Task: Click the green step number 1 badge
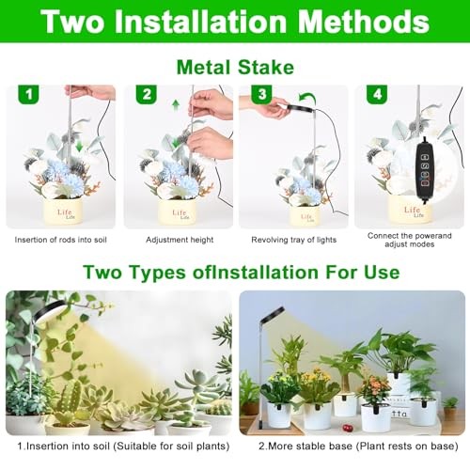[x=28, y=94]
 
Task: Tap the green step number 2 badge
[x=146, y=94]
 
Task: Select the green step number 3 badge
[x=261, y=94]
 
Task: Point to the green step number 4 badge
[x=377, y=94]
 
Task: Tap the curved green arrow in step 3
[x=307, y=98]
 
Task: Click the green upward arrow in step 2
[x=176, y=105]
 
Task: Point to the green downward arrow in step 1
[x=79, y=146]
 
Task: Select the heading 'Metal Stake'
[x=235, y=67]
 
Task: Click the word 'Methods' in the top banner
[x=363, y=22]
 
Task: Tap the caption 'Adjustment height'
[x=180, y=240]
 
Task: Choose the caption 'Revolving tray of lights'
[x=293, y=240]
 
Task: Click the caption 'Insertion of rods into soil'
[x=60, y=240]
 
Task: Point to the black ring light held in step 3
[x=300, y=109]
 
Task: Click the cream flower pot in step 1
[x=63, y=211]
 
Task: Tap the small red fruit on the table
[x=347, y=428]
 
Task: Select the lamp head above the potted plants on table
[x=272, y=314]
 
